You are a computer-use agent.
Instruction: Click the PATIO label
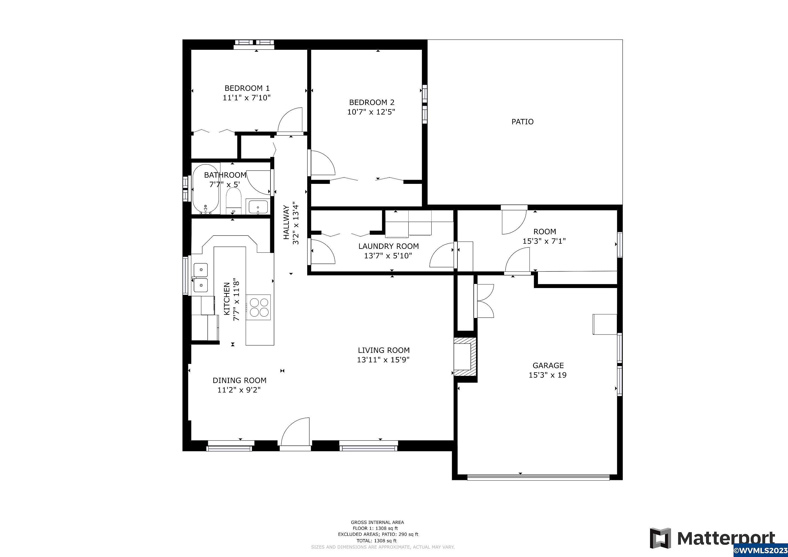tap(522, 122)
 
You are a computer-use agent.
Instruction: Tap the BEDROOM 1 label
tap(247, 88)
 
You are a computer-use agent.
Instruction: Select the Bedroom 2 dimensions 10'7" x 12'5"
tap(371, 112)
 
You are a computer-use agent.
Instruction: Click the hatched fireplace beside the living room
tap(465, 357)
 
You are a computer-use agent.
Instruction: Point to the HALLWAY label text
tap(286, 222)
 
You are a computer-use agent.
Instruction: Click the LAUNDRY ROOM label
tap(389, 246)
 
